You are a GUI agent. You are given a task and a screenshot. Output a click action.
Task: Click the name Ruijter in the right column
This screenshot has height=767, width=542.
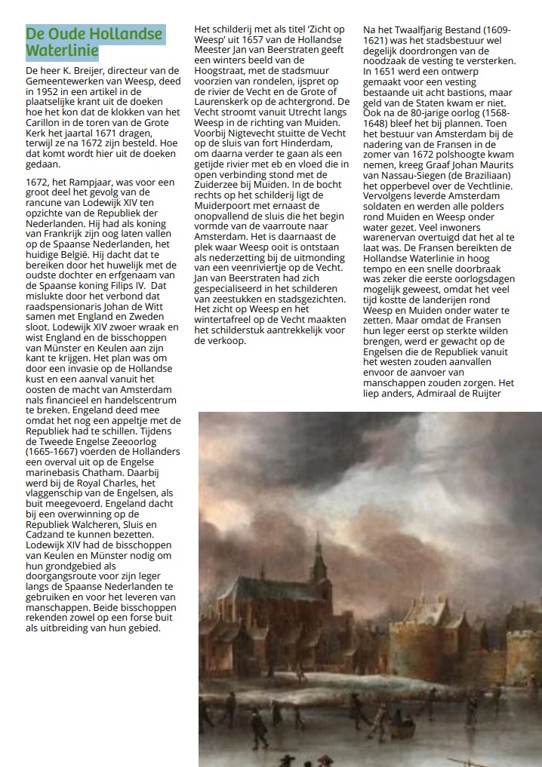click(x=493, y=392)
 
